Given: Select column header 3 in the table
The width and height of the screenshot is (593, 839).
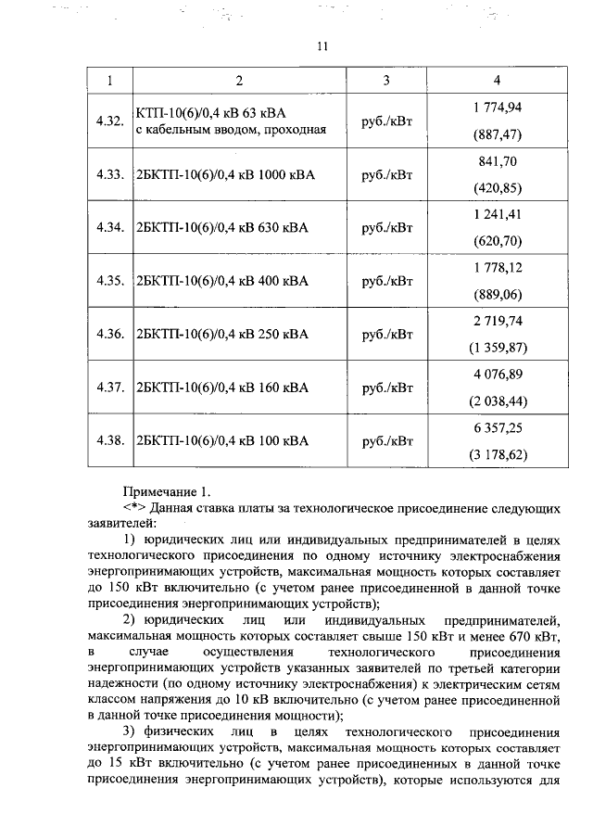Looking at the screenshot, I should [386, 81].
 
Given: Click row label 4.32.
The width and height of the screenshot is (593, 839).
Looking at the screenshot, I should [109, 121].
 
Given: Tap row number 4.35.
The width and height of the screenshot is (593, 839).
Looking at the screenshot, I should [109, 281].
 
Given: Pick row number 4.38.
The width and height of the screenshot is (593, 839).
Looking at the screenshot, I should [109, 440].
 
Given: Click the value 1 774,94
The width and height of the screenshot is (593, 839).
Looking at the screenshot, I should [498, 108].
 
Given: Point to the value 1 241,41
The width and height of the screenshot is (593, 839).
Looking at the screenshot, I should [498, 214].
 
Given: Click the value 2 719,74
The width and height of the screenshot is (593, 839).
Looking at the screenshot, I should [498, 319].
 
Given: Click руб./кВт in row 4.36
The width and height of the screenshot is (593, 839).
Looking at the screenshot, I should [386, 334].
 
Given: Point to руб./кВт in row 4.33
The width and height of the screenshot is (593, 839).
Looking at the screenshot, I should [386, 174].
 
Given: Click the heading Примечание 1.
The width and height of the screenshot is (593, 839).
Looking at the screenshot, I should [168, 490].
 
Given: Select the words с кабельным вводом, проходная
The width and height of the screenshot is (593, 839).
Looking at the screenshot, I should [231, 129].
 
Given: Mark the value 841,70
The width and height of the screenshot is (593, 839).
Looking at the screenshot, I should [498, 160].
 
